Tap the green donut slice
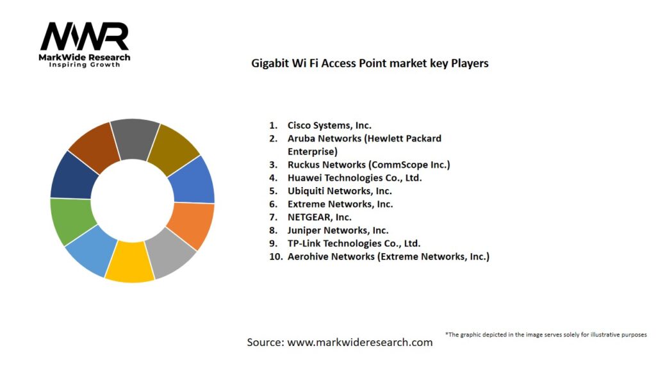tap(72, 221)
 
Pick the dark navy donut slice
tap(72, 175)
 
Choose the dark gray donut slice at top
tap(135, 138)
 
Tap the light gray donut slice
tap(171, 253)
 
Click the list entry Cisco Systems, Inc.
tap(329, 126)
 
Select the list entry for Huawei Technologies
tap(354, 177)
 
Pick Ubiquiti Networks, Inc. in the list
tap(340, 191)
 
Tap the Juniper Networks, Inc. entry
tap(338, 230)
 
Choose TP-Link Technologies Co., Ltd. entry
tap(354, 243)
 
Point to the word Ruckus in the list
tap(303, 165)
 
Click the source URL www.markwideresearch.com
tap(360, 342)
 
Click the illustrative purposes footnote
tap(546, 334)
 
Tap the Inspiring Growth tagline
tap(85, 65)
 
